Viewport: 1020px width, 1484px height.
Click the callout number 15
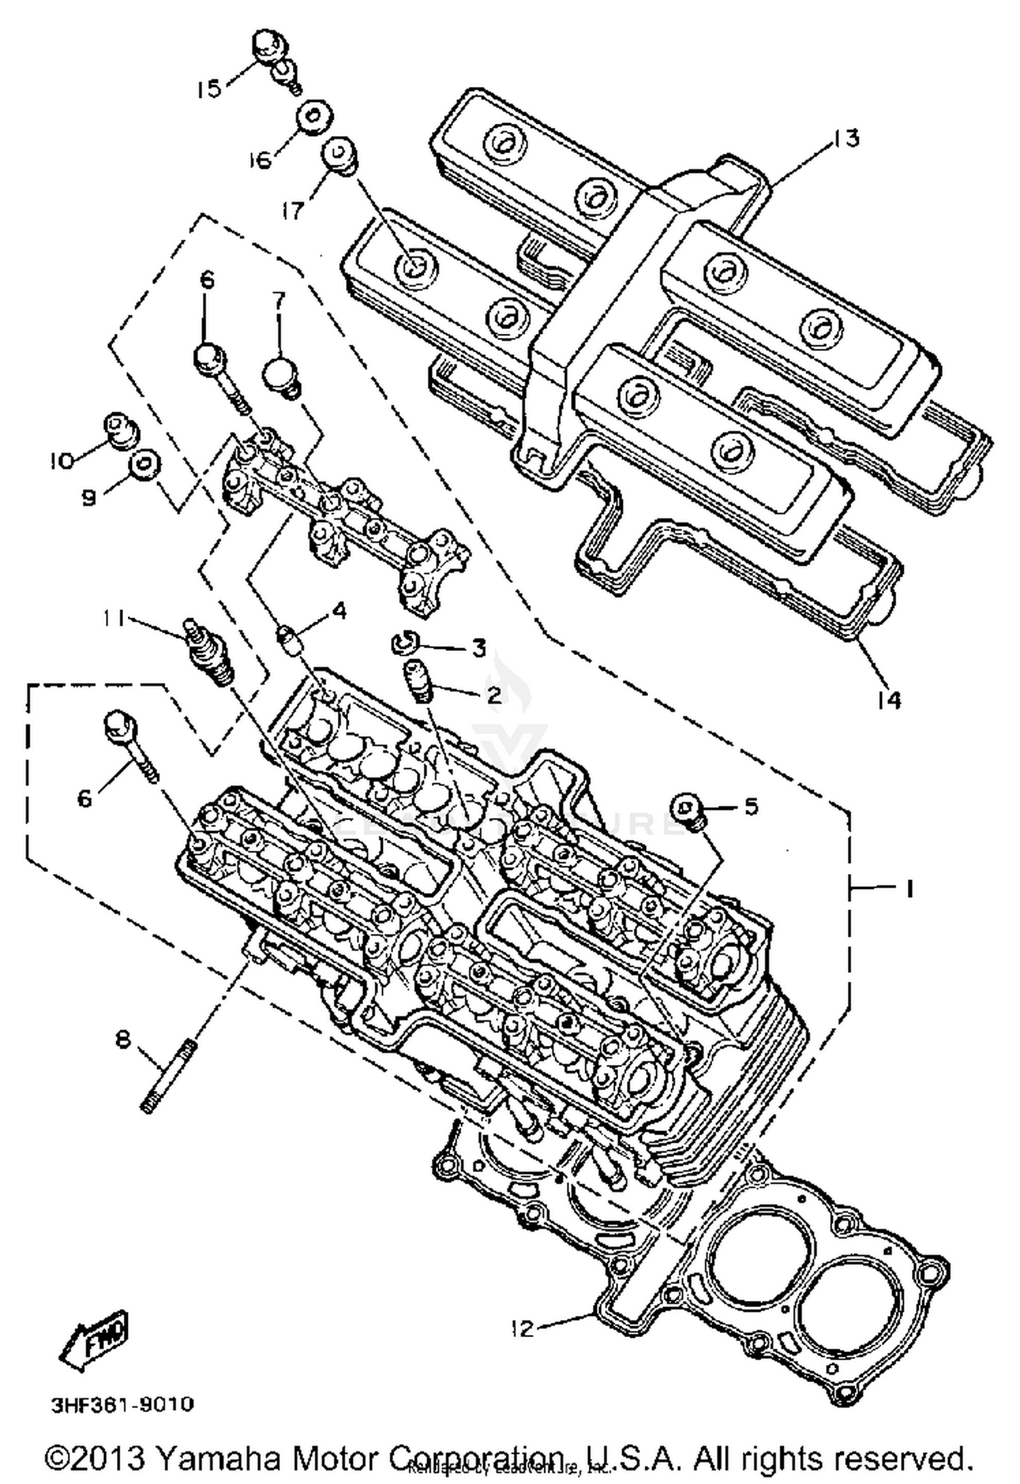click(x=209, y=88)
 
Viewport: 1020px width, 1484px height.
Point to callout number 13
click(x=846, y=138)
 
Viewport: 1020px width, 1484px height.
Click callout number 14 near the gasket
click(x=889, y=699)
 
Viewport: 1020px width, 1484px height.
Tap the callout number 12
click(x=522, y=1328)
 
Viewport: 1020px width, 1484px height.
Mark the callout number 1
click(x=910, y=888)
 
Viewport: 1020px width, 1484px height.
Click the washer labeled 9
click(x=145, y=465)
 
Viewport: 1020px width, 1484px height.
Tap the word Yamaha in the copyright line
click(x=219, y=1458)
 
